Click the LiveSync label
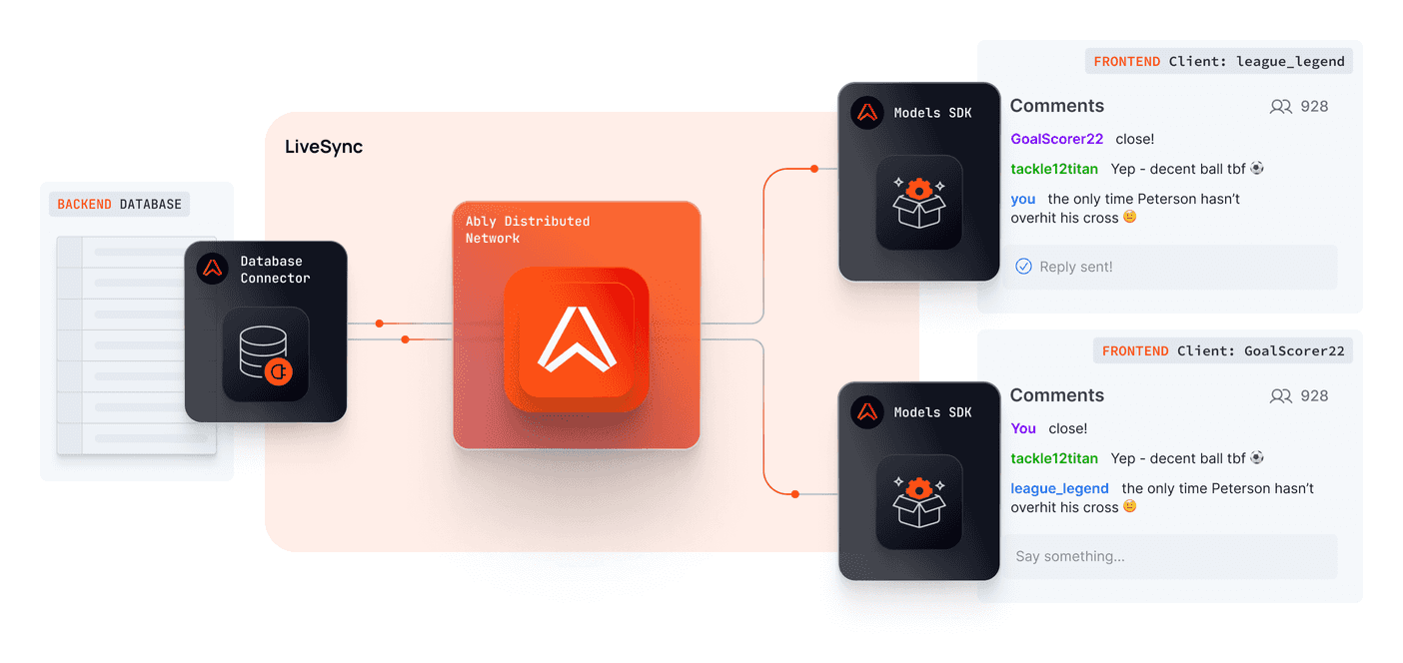click(324, 148)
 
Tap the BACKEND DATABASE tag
click(119, 205)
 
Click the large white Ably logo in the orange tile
click(577, 339)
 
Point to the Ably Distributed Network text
click(527, 230)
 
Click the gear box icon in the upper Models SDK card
click(918, 202)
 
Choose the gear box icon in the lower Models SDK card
click(918, 501)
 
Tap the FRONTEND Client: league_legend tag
click(1219, 61)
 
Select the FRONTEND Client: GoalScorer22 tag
click(1223, 350)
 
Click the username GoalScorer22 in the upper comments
click(1056, 139)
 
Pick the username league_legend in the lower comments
click(1059, 488)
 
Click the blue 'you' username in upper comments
click(1022, 199)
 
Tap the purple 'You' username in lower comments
click(1023, 428)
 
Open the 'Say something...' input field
click(1170, 556)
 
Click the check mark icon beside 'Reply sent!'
click(1023, 267)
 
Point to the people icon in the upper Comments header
click(1280, 107)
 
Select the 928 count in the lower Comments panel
click(1314, 396)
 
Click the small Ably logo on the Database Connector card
click(213, 269)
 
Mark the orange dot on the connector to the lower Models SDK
click(794, 493)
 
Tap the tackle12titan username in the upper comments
click(1054, 169)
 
